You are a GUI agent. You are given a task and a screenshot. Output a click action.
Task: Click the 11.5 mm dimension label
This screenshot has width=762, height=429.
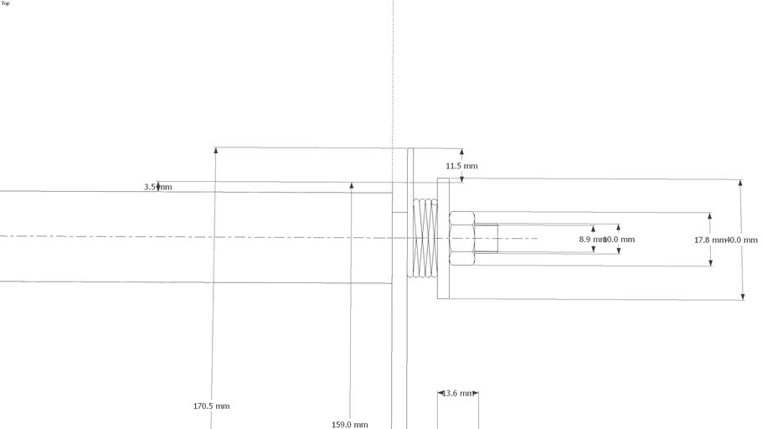point(461,166)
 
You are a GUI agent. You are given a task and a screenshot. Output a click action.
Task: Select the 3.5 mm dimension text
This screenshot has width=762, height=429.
point(157,187)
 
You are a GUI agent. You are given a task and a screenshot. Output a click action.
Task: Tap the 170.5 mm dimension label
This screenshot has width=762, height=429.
point(211,406)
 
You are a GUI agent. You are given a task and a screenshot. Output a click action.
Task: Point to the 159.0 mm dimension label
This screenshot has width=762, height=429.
point(349,425)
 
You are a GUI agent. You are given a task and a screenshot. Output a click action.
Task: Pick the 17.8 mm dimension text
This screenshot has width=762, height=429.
point(708,240)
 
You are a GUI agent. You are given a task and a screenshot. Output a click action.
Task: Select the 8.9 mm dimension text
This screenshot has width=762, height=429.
point(590,240)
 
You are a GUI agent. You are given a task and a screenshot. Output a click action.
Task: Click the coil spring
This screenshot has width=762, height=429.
point(425,238)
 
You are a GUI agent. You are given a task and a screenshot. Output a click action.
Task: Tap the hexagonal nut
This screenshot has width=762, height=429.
point(462,239)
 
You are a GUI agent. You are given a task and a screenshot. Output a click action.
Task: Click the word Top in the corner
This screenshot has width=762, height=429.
point(6,3)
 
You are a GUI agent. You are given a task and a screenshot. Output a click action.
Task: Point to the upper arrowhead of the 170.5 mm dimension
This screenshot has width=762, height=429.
point(215,151)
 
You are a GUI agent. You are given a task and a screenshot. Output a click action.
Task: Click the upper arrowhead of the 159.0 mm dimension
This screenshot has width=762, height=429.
point(352,186)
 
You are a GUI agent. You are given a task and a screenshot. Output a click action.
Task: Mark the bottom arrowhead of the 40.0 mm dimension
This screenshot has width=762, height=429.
point(741,295)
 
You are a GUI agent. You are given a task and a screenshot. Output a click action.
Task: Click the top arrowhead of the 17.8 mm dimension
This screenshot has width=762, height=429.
point(710,217)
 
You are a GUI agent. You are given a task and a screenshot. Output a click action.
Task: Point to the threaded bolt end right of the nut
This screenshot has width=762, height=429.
point(487,239)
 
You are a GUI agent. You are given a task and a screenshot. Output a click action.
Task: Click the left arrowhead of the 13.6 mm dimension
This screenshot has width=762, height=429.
point(440,393)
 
